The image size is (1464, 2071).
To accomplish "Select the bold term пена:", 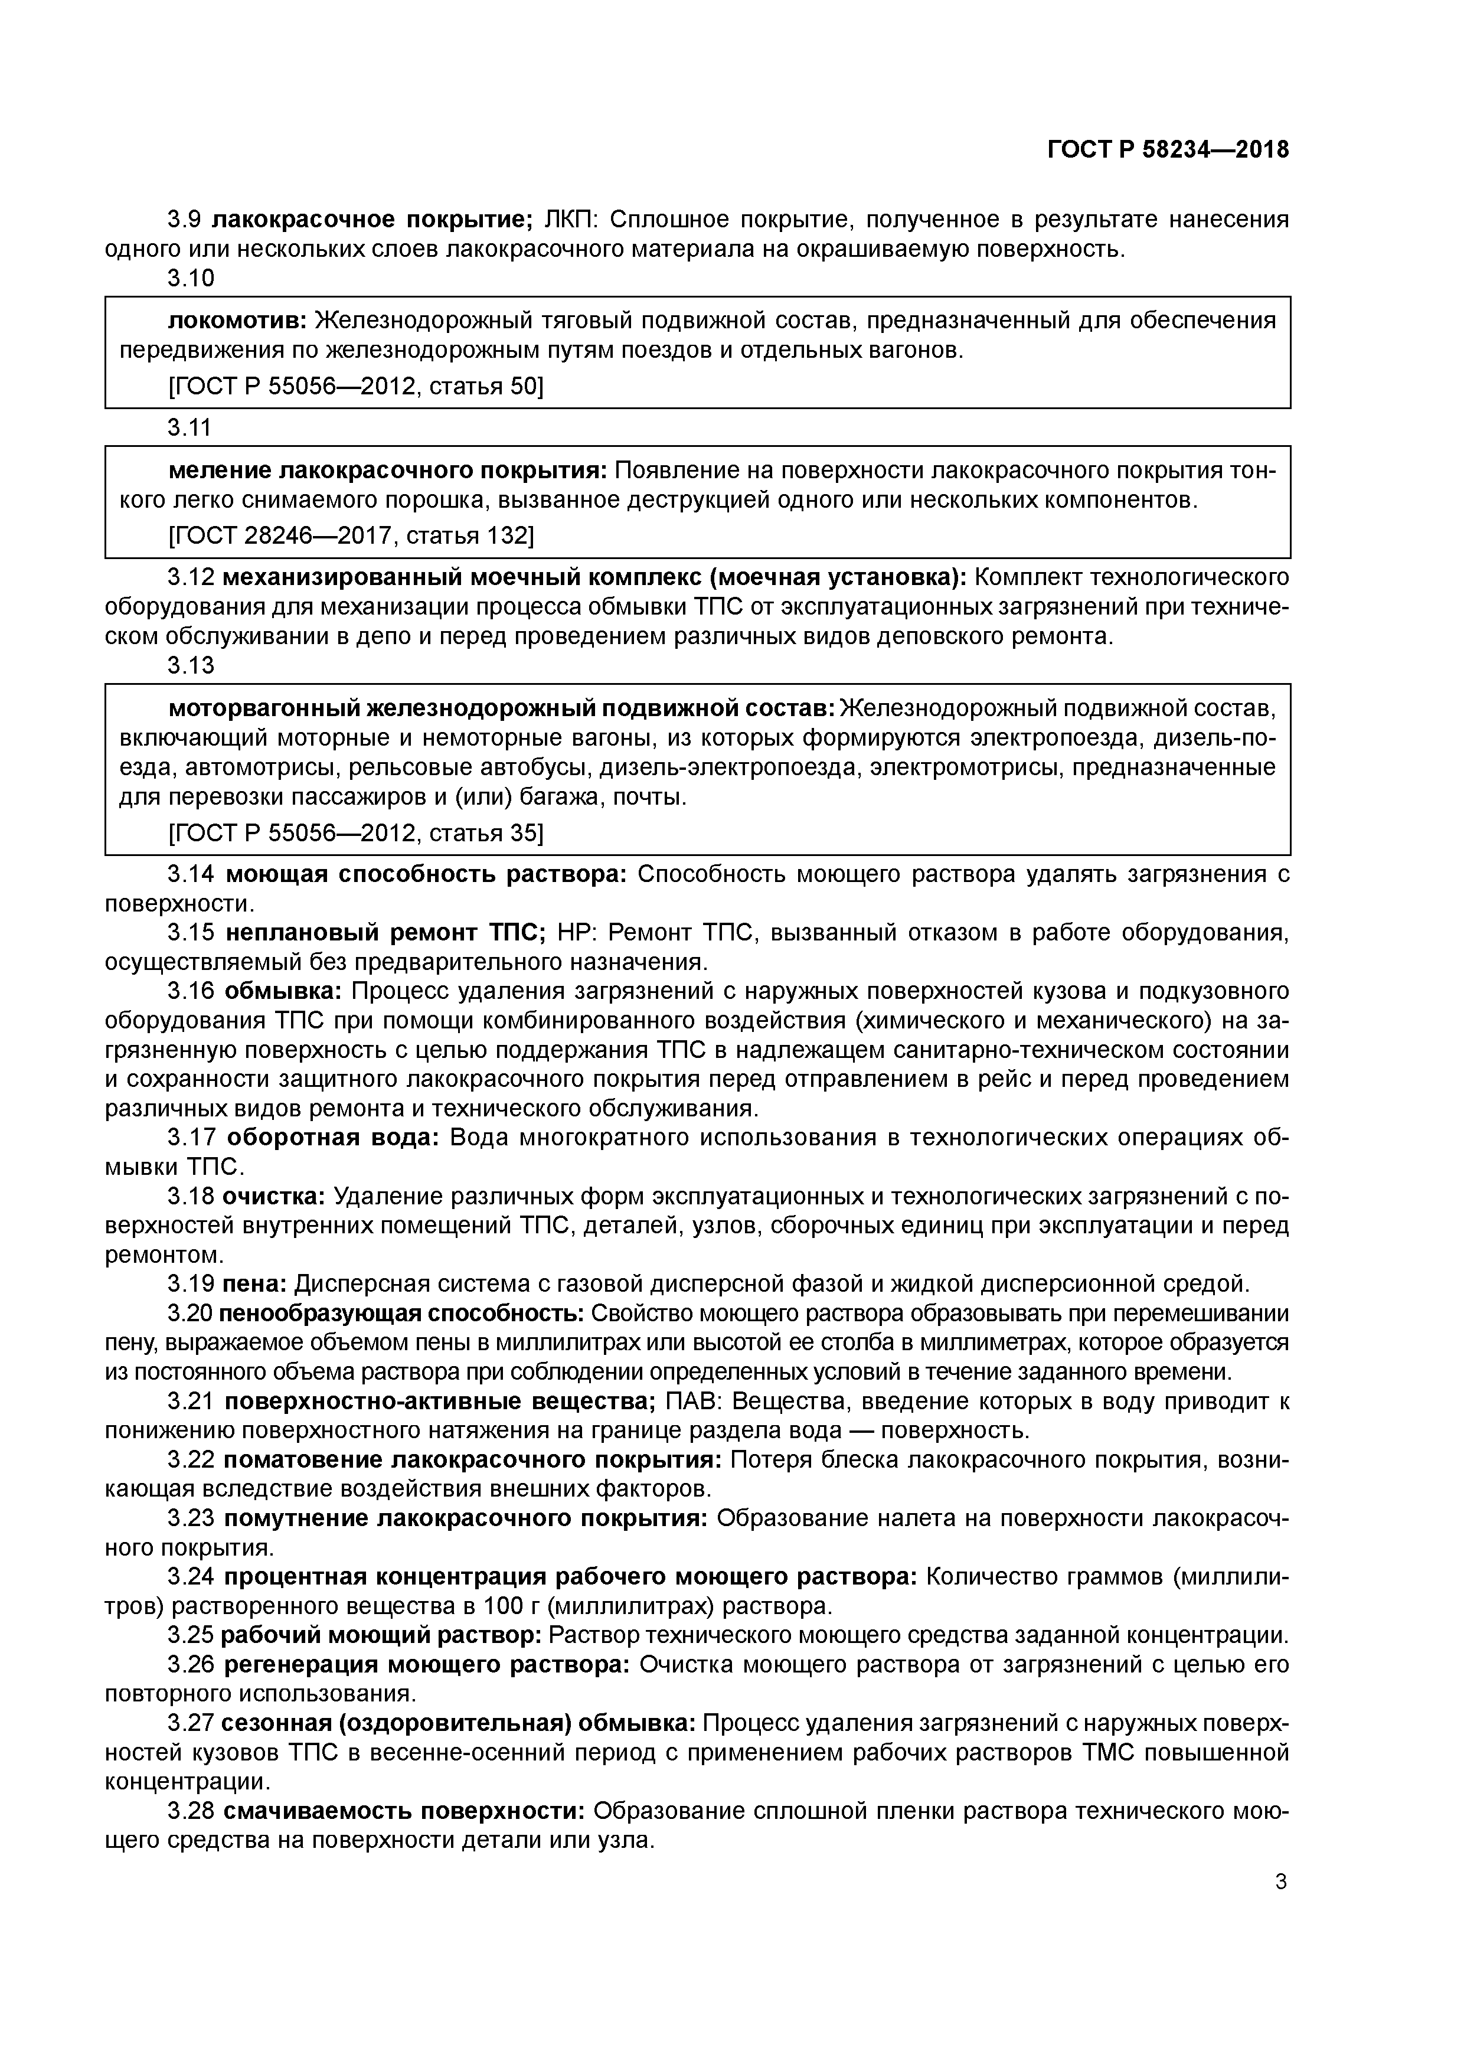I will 254,1283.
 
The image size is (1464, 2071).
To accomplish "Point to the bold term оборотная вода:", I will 332,1138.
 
